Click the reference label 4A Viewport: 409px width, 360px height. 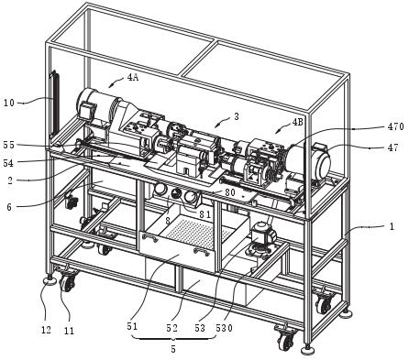coord(133,78)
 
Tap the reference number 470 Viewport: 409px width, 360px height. coord(394,126)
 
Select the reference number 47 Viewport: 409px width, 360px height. coord(392,147)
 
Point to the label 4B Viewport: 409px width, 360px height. coord(297,122)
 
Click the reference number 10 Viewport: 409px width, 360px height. coord(9,103)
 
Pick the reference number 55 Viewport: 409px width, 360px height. coord(9,145)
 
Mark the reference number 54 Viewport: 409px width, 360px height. coord(8,163)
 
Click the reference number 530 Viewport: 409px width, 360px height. coord(224,328)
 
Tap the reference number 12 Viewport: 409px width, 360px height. coord(46,330)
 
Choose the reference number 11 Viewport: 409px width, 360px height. coord(69,331)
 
